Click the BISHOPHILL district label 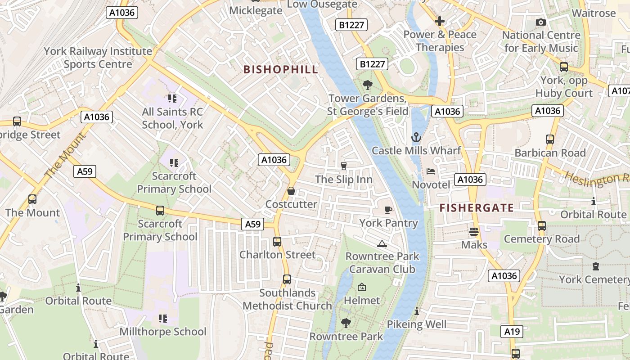point(281,70)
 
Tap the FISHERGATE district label point(477,208)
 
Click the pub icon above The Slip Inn point(344,166)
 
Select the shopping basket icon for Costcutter point(291,191)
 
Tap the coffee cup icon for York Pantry point(388,210)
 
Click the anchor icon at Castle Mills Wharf point(416,137)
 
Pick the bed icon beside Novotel point(431,171)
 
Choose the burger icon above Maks point(473,231)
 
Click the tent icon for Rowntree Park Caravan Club point(382,243)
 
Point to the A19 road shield point(512,332)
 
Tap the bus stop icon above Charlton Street point(277,242)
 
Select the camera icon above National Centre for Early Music point(541,22)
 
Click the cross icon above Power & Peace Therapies point(440,21)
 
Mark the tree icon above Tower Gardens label point(368,85)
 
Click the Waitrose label point(594,13)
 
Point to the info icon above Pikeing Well point(417,311)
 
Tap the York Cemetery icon point(596,266)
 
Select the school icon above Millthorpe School point(163,319)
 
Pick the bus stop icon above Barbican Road point(550,139)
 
